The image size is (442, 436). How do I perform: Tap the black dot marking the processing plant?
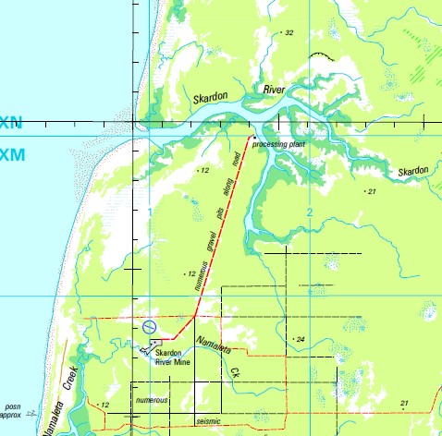point(252,138)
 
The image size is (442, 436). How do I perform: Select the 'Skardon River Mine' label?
point(173,358)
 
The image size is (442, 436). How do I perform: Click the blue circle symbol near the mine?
point(150,327)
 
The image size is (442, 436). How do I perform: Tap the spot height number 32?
point(289,33)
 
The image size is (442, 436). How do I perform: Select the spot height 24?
point(299,340)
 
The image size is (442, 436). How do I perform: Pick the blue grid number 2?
point(310,213)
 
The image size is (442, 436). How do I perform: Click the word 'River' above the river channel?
point(275,90)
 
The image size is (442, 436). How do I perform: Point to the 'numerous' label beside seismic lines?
point(152,400)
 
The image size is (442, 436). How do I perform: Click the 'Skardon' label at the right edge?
point(413,172)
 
